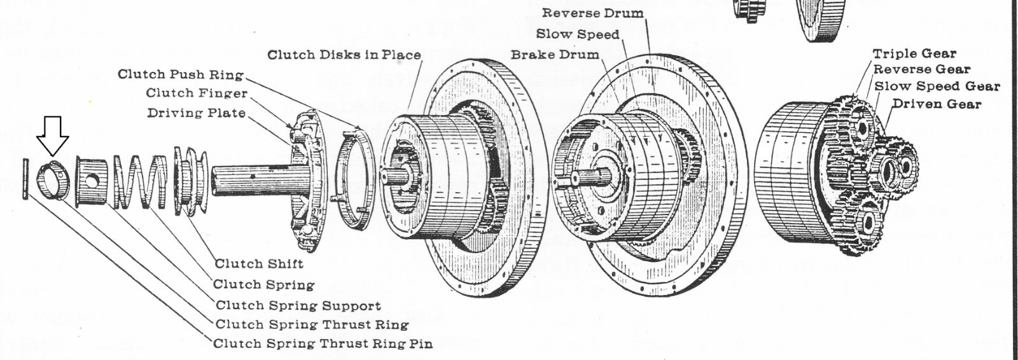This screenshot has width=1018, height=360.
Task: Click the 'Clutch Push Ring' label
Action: coord(181,74)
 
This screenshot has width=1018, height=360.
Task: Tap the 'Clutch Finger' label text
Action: coord(197,93)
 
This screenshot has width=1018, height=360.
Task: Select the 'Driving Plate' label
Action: coord(197,113)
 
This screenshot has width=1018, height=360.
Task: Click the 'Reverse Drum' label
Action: coord(592,13)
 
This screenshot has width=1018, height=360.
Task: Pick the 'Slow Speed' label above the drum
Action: coord(578,34)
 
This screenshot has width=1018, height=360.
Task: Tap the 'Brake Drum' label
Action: coord(555,54)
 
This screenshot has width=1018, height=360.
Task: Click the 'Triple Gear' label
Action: coord(914,53)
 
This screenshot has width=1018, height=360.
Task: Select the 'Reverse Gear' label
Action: coord(922,69)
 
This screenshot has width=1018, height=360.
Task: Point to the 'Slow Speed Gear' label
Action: coord(937,86)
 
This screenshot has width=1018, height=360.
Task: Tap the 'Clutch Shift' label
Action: coord(259,263)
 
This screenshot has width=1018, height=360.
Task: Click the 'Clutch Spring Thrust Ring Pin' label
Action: coord(323,343)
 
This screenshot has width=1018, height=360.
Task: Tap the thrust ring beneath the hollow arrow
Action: coord(51,181)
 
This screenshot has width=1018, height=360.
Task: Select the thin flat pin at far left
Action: coord(24,181)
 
